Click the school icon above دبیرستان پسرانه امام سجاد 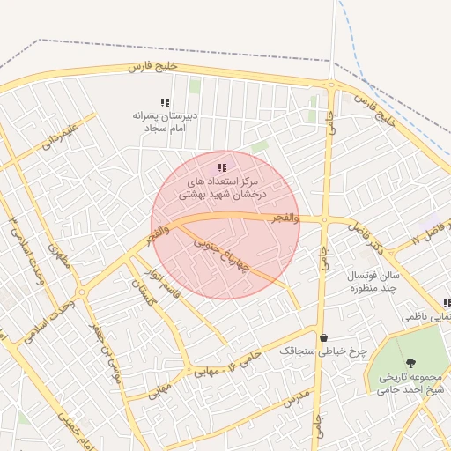pyautogui.click(x=165, y=102)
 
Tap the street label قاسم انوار pyautogui.click(x=164, y=280)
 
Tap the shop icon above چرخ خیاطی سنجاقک pyautogui.click(x=324, y=336)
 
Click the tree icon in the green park pyautogui.click(x=410, y=361)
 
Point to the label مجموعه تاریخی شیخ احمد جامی pyautogui.click(x=410, y=381)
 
